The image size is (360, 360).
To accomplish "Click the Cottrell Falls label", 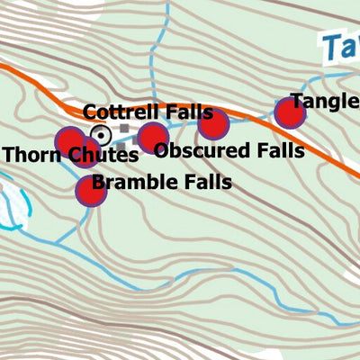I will click(148, 112).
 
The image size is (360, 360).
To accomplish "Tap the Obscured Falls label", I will click(229, 150).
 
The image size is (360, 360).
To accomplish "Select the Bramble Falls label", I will click(161, 183).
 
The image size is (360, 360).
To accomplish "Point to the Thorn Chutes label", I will click(70, 155).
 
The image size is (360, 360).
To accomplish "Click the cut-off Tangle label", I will click(324, 102).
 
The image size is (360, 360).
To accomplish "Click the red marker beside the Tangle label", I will click(290, 112).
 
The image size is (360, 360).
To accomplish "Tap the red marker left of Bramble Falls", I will click(90, 191).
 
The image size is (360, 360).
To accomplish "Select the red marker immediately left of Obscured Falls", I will click(153, 139).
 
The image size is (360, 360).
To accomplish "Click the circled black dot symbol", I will click(102, 136).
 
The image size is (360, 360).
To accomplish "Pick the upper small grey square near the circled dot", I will click(123, 129).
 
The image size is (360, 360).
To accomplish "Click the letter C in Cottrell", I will click(90, 113).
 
